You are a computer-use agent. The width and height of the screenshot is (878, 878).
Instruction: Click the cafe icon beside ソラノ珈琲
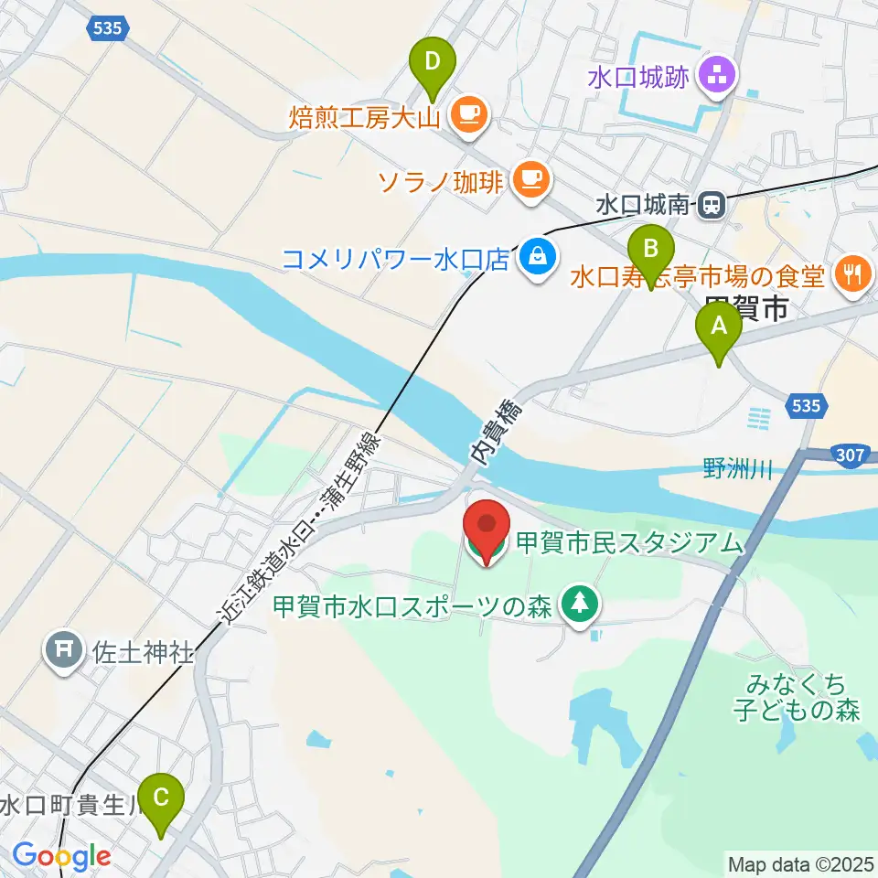(530, 178)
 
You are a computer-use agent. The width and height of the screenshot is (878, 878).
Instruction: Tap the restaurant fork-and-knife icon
(852, 273)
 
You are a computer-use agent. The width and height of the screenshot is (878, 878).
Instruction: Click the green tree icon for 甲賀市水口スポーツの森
(579, 605)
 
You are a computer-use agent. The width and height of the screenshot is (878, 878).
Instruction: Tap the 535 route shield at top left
(109, 28)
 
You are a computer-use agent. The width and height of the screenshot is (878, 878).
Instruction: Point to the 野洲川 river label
(738, 470)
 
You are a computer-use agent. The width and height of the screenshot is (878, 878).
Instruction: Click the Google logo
(62, 856)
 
